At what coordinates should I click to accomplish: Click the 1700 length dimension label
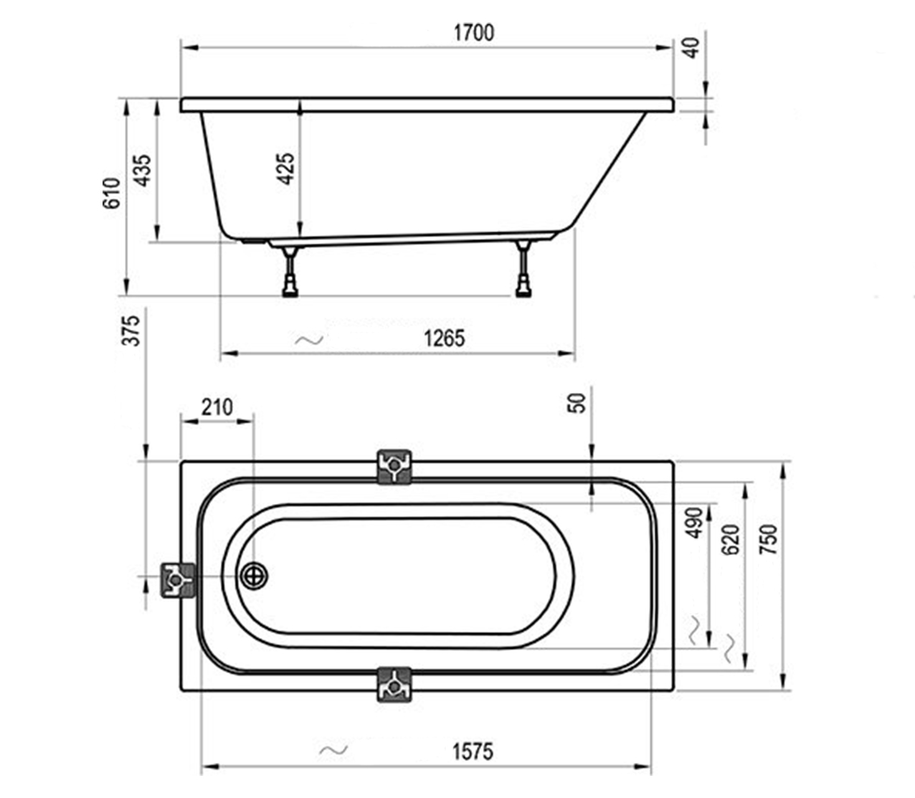[x=474, y=33]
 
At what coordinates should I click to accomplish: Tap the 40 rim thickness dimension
[x=691, y=48]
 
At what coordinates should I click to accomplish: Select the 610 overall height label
[x=111, y=193]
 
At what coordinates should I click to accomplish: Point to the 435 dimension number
[x=143, y=171]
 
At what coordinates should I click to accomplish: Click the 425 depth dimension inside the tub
[x=286, y=168]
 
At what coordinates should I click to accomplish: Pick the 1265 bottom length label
[x=445, y=338]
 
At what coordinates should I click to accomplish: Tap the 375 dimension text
[x=131, y=331]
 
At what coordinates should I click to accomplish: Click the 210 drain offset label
[x=217, y=407]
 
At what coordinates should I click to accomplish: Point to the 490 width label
[x=695, y=523]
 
